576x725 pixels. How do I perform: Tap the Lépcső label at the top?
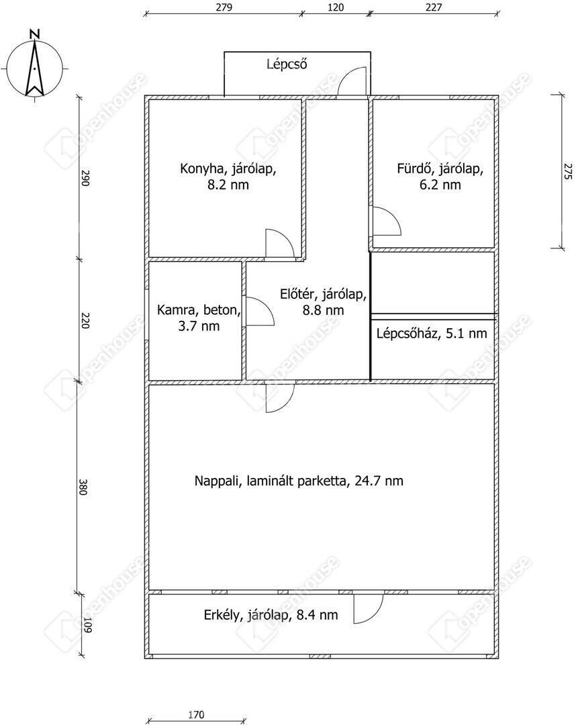pos(287,63)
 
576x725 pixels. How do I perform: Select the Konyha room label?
pos(228,177)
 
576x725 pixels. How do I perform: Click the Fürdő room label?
pos(440,177)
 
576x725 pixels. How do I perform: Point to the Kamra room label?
pos(199,318)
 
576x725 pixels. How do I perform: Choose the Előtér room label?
pos(323,302)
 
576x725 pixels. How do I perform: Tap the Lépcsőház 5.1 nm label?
pos(432,333)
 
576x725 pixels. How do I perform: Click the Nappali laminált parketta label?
pos(299,481)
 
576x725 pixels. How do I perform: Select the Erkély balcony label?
pos(271,615)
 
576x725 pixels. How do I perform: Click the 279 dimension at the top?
pos(224,7)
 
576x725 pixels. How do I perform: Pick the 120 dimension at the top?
pos(336,7)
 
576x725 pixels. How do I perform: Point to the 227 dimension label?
pos(434,7)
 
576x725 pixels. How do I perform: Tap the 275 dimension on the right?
pos(568,171)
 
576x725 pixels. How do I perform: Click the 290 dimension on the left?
pos(85,178)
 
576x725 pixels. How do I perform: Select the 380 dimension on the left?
pos(83,487)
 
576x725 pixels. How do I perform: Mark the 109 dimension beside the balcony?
pos(88,625)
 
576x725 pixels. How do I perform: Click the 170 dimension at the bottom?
pos(196,715)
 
